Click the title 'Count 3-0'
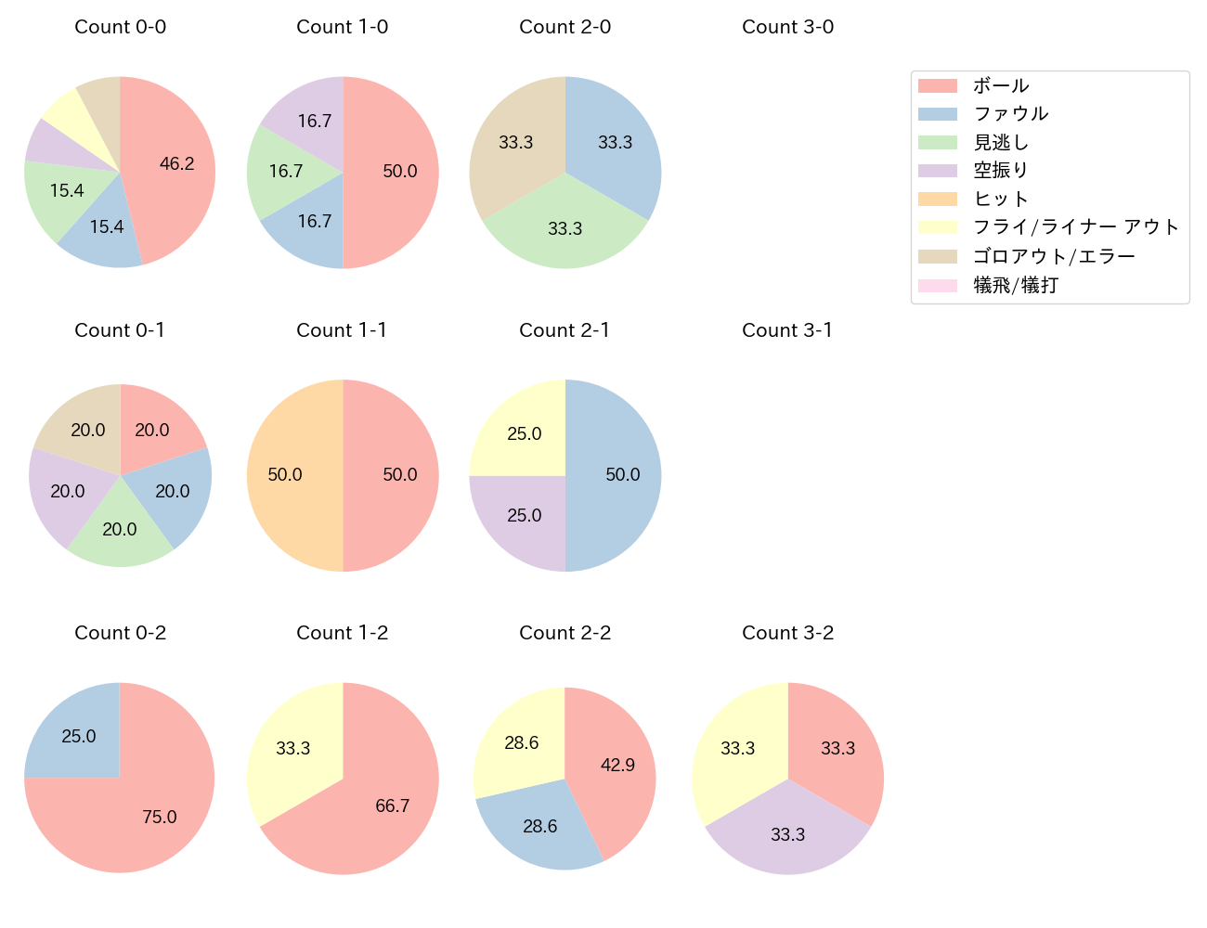click(787, 27)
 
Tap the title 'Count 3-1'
click(787, 330)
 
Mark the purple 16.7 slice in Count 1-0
click(312, 122)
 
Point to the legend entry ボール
click(1001, 85)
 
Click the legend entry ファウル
click(1010, 114)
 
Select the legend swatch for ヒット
click(937, 199)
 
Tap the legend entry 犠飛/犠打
click(1016, 285)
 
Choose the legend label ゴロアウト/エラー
click(1054, 256)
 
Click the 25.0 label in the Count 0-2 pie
click(79, 736)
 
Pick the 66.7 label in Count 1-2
click(393, 806)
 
